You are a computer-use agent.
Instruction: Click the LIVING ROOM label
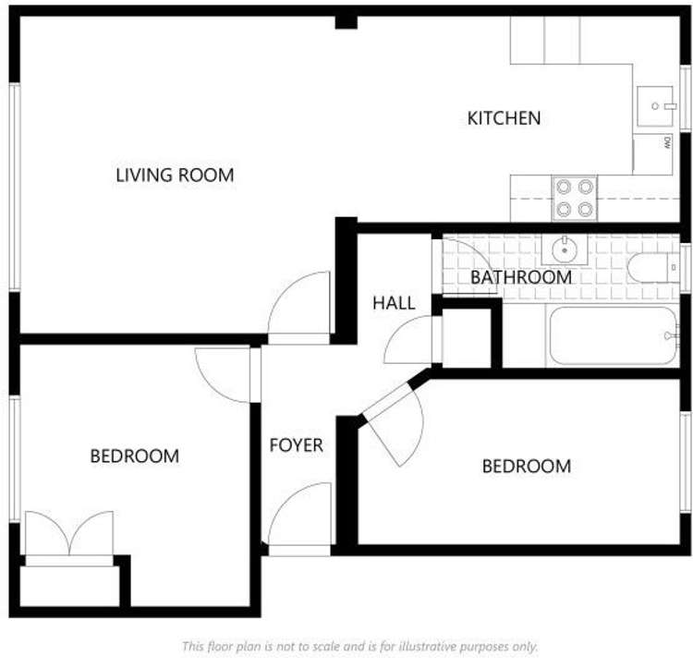[175, 175]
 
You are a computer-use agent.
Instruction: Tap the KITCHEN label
[504, 118]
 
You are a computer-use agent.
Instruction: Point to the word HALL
[394, 303]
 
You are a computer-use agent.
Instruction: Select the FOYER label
[296, 445]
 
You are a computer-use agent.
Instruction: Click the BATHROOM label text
[521, 277]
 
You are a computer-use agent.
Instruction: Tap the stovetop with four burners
[575, 199]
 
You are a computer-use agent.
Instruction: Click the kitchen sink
[655, 106]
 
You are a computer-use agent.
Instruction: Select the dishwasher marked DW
[653, 153]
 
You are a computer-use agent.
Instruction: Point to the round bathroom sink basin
[565, 250]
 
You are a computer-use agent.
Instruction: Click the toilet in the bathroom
[653, 268]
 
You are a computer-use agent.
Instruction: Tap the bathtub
[614, 335]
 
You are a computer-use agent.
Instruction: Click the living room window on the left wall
[15, 187]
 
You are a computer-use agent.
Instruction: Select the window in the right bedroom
[686, 462]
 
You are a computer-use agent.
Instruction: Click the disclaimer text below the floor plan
[360, 647]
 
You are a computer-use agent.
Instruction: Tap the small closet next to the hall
[467, 338]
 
